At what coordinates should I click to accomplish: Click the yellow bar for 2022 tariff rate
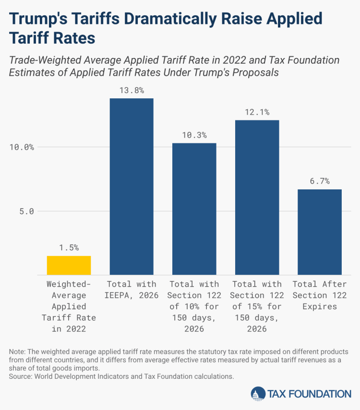pyautogui.click(x=69, y=265)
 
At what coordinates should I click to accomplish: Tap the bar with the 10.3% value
pyautogui.click(x=194, y=209)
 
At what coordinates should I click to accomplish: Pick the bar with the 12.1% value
pyautogui.click(x=257, y=197)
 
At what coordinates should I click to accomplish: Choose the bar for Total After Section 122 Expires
pyautogui.click(x=320, y=232)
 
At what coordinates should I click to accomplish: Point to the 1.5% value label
pyautogui.click(x=69, y=247)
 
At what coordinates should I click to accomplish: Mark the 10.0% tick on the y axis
pyautogui.click(x=22, y=147)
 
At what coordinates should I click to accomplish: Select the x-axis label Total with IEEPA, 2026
pyautogui.click(x=132, y=290)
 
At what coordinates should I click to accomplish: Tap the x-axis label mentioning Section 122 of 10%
pyautogui.click(x=194, y=306)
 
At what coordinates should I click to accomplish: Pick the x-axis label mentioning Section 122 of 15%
pyautogui.click(x=257, y=306)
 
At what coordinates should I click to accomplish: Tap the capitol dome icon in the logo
pyautogui.click(x=257, y=394)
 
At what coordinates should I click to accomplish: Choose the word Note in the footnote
pyautogui.click(x=17, y=352)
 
